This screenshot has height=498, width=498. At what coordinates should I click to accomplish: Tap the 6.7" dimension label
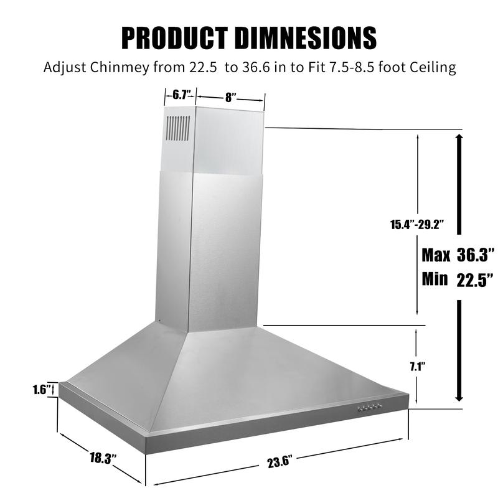click(181, 95)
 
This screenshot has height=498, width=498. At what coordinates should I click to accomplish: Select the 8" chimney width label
click(231, 98)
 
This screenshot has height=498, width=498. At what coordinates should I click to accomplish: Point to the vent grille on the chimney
click(178, 128)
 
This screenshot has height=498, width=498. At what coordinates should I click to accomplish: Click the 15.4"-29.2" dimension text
click(416, 223)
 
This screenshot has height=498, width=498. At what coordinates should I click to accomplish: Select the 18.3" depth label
click(103, 459)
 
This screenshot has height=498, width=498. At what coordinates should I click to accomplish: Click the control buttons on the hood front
click(369, 408)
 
